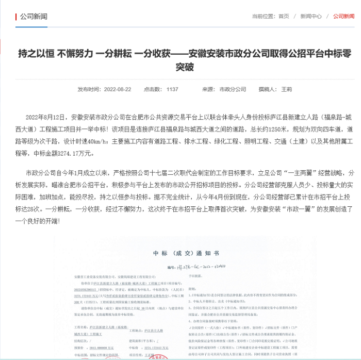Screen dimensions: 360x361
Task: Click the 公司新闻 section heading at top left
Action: (34, 17)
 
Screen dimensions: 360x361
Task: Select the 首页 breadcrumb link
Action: (284, 17)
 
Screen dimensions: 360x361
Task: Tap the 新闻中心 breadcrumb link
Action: (311, 17)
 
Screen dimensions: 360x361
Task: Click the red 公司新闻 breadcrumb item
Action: (343, 17)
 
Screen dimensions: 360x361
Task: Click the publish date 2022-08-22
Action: (118, 89)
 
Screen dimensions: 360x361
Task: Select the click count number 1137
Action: (172, 89)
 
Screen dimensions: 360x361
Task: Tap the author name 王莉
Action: (286, 89)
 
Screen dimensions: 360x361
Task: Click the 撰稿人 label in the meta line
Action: (267, 89)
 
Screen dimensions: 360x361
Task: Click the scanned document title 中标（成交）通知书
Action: (186, 253)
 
